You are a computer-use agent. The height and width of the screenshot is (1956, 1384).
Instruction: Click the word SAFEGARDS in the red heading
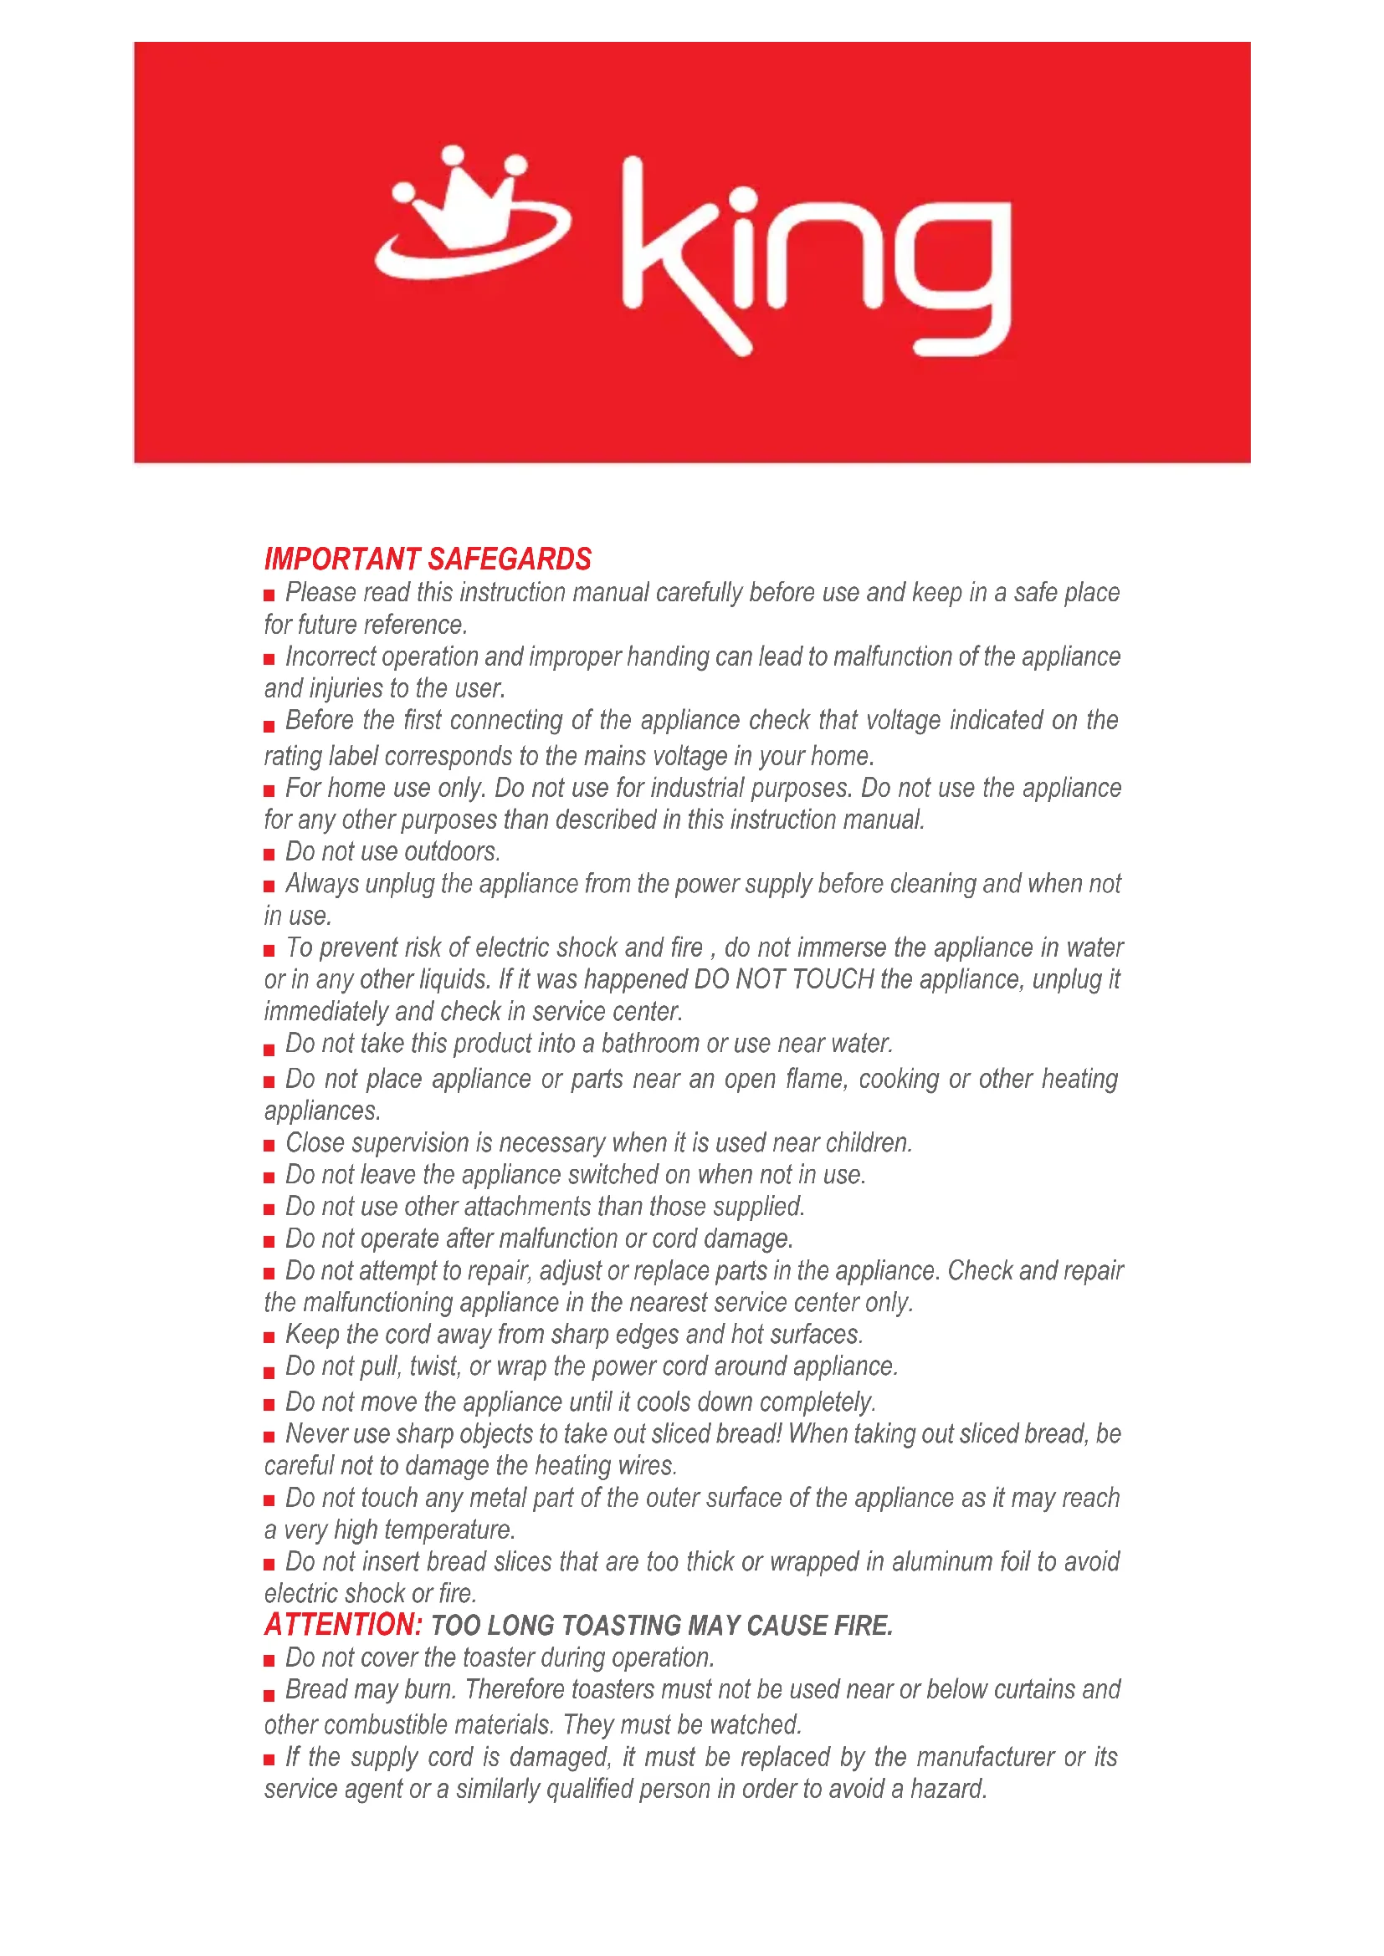[510, 559]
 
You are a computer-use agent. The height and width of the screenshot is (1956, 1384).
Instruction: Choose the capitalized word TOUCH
[833, 979]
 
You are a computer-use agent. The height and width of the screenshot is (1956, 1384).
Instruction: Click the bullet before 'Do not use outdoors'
[269, 854]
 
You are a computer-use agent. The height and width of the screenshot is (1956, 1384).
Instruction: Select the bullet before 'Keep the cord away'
[269, 1336]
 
